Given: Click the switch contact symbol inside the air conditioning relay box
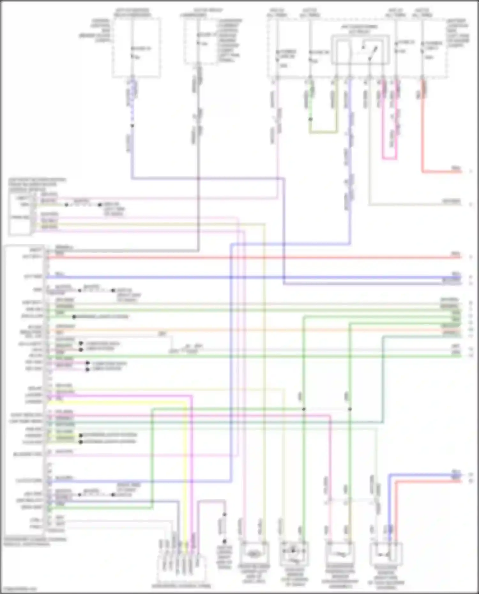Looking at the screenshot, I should (370, 53).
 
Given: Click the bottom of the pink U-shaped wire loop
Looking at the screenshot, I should (390, 158).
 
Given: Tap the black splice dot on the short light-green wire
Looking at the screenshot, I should (310, 119).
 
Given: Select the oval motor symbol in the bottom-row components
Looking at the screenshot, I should (253, 555).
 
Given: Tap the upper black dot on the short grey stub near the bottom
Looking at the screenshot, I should (224, 515).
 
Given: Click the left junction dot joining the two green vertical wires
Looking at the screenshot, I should (304, 409).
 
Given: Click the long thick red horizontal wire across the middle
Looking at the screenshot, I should (255, 257).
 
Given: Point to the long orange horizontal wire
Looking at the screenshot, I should (255, 330).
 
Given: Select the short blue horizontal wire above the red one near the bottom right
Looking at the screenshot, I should (425, 475).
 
